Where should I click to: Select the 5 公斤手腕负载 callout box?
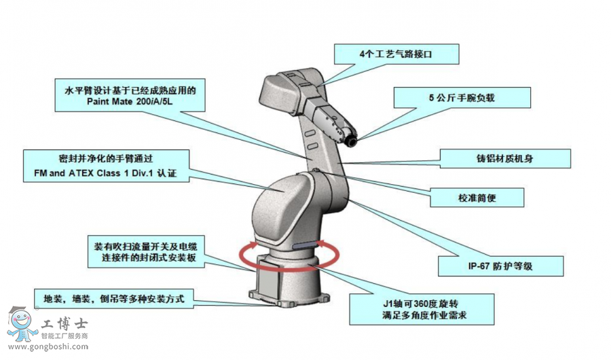(462, 98)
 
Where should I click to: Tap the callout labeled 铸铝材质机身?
(494, 158)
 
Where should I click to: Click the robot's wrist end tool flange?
(351, 139)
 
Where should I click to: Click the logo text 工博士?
(65, 323)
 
